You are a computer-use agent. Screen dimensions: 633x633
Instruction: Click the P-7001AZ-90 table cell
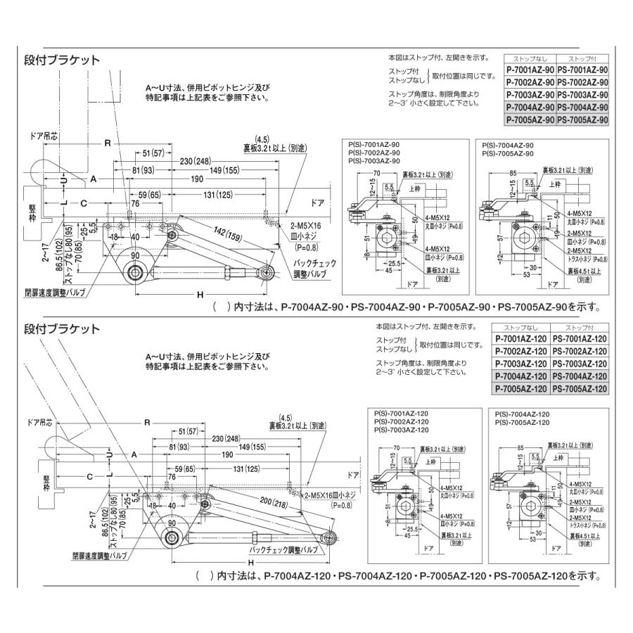click(530, 70)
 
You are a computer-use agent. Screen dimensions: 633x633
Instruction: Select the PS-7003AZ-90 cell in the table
click(582, 94)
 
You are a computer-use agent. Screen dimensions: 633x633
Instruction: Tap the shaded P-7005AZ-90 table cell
click(530, 120)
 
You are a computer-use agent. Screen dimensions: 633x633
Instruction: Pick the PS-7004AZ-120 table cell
click(580, 376)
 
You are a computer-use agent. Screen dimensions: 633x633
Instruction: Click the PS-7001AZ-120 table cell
click(580, 339)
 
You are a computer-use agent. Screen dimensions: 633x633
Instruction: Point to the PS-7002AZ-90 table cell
click(582, 82)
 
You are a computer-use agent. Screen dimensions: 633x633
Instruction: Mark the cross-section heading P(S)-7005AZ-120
click(522, 422)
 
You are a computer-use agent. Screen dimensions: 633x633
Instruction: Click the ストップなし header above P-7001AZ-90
click(530, 58)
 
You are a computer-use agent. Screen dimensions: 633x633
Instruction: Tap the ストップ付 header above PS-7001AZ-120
click(580, 328)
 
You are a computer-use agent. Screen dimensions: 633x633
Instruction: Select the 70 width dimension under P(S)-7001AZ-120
click(397, 446)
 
